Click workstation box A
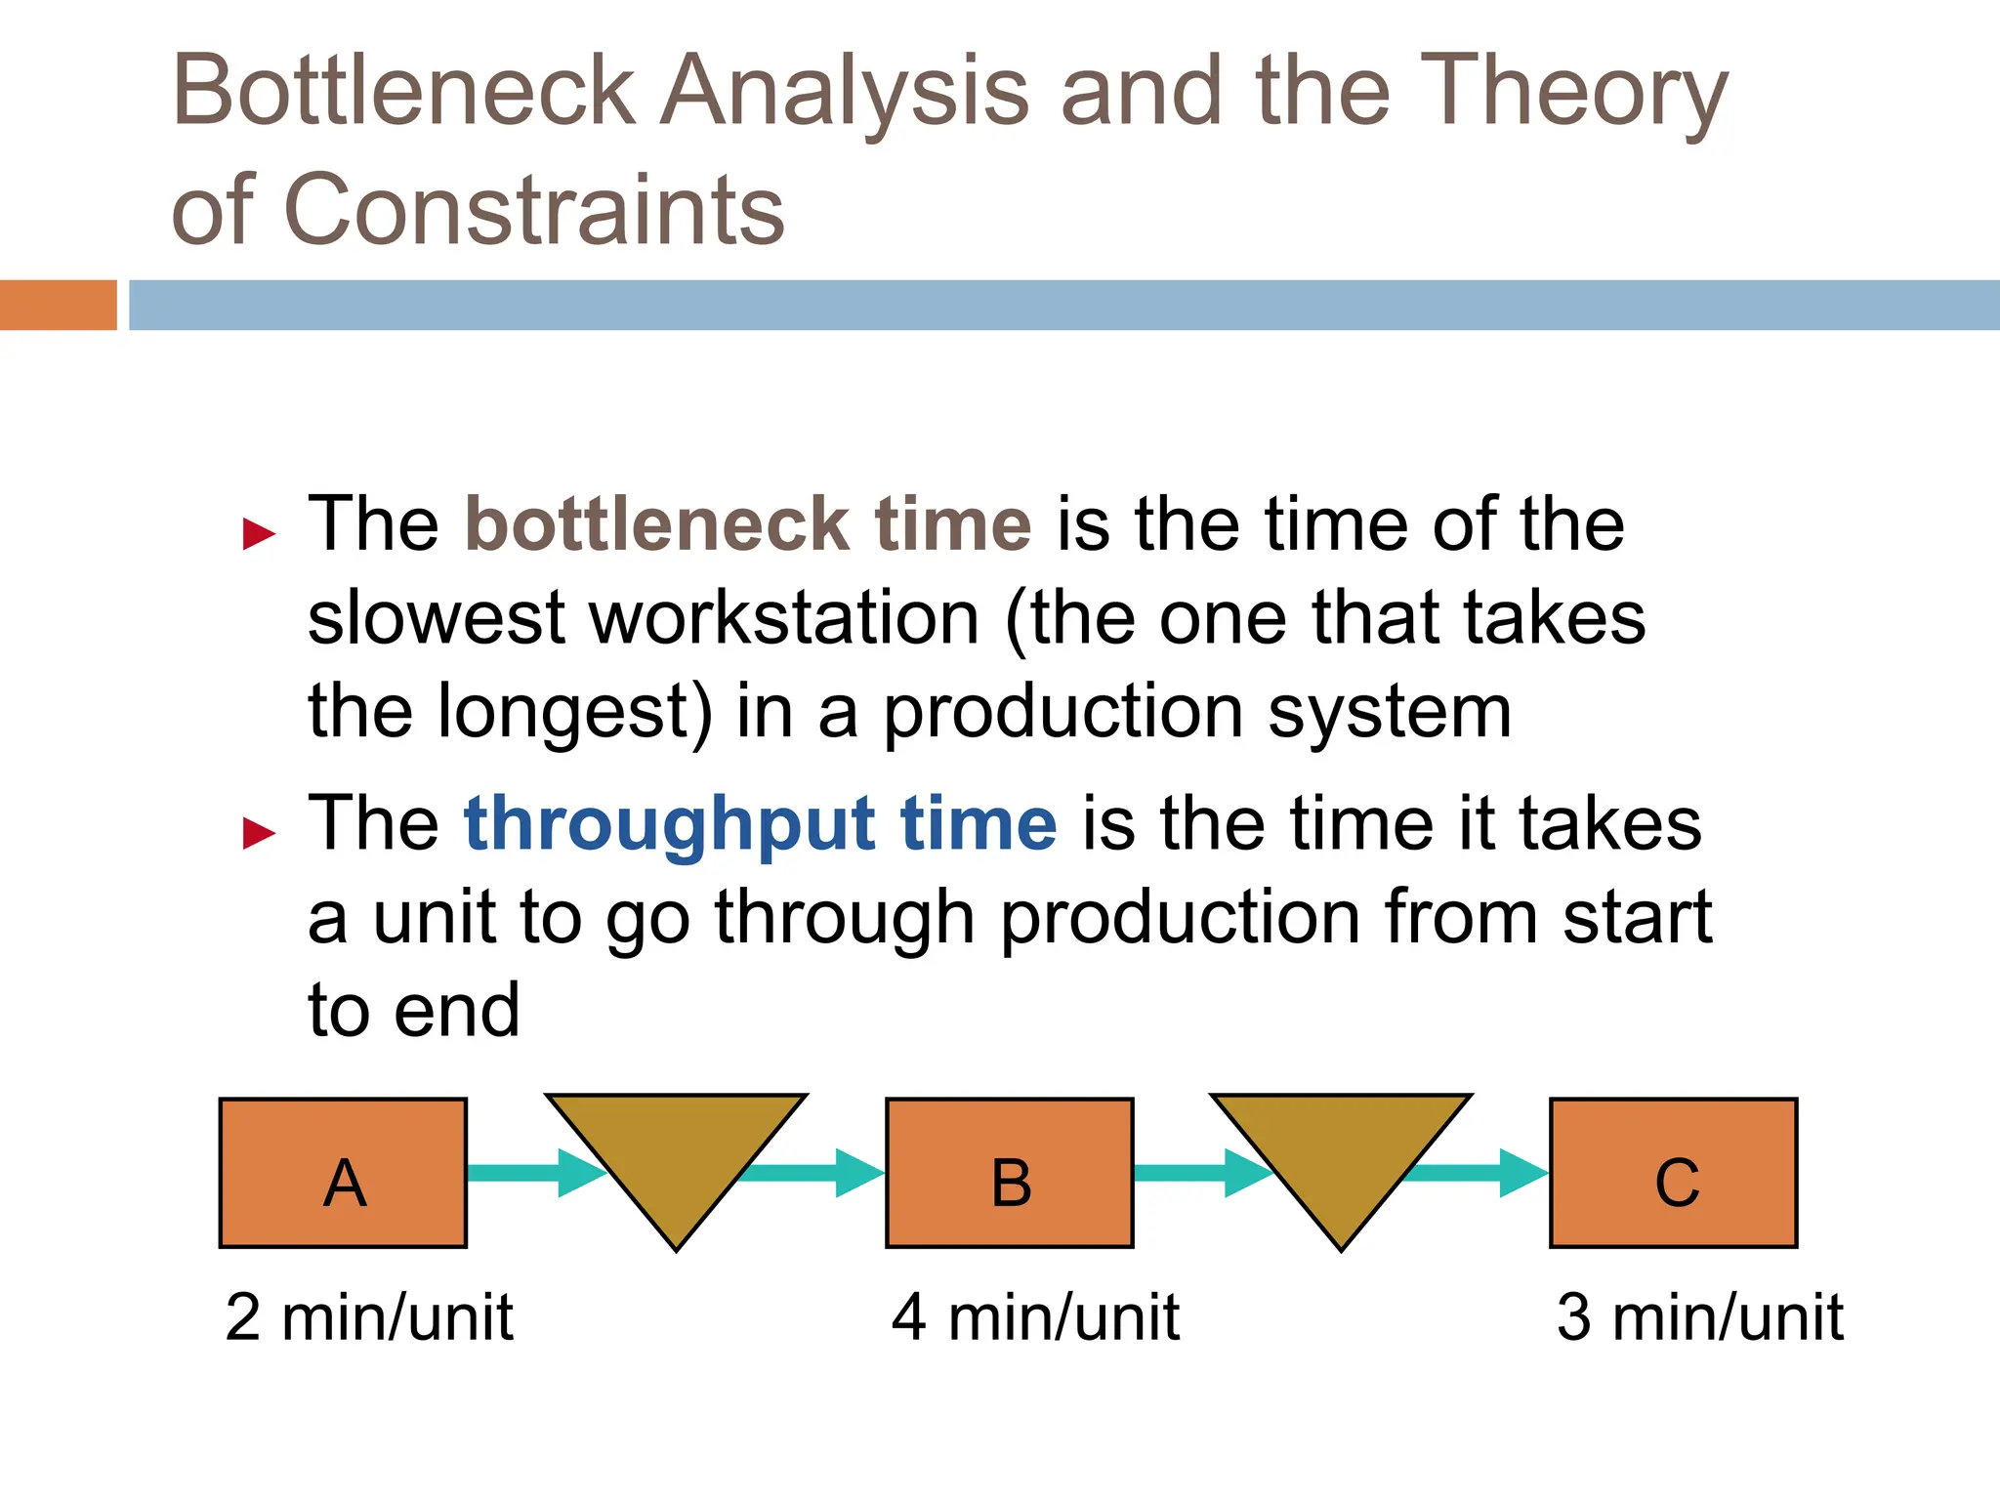pos(343,1173)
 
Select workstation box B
pos(1009,1173)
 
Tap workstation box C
pos(1673,1173)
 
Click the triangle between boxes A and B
pos(676,1152)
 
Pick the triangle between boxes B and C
pos(1341,1152)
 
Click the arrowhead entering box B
pos(859,1173)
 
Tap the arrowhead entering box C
pos(1523,1173)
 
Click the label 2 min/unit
pos(368,1317)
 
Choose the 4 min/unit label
pos(1035,1317)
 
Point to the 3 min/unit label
pos(1699,1317)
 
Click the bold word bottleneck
pos(656,524)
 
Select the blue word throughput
pos(669,824)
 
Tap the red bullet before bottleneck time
pos(259,534)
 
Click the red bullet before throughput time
pos(259,833)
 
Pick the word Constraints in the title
pos(533,209)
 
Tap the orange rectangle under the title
pos(58,305)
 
